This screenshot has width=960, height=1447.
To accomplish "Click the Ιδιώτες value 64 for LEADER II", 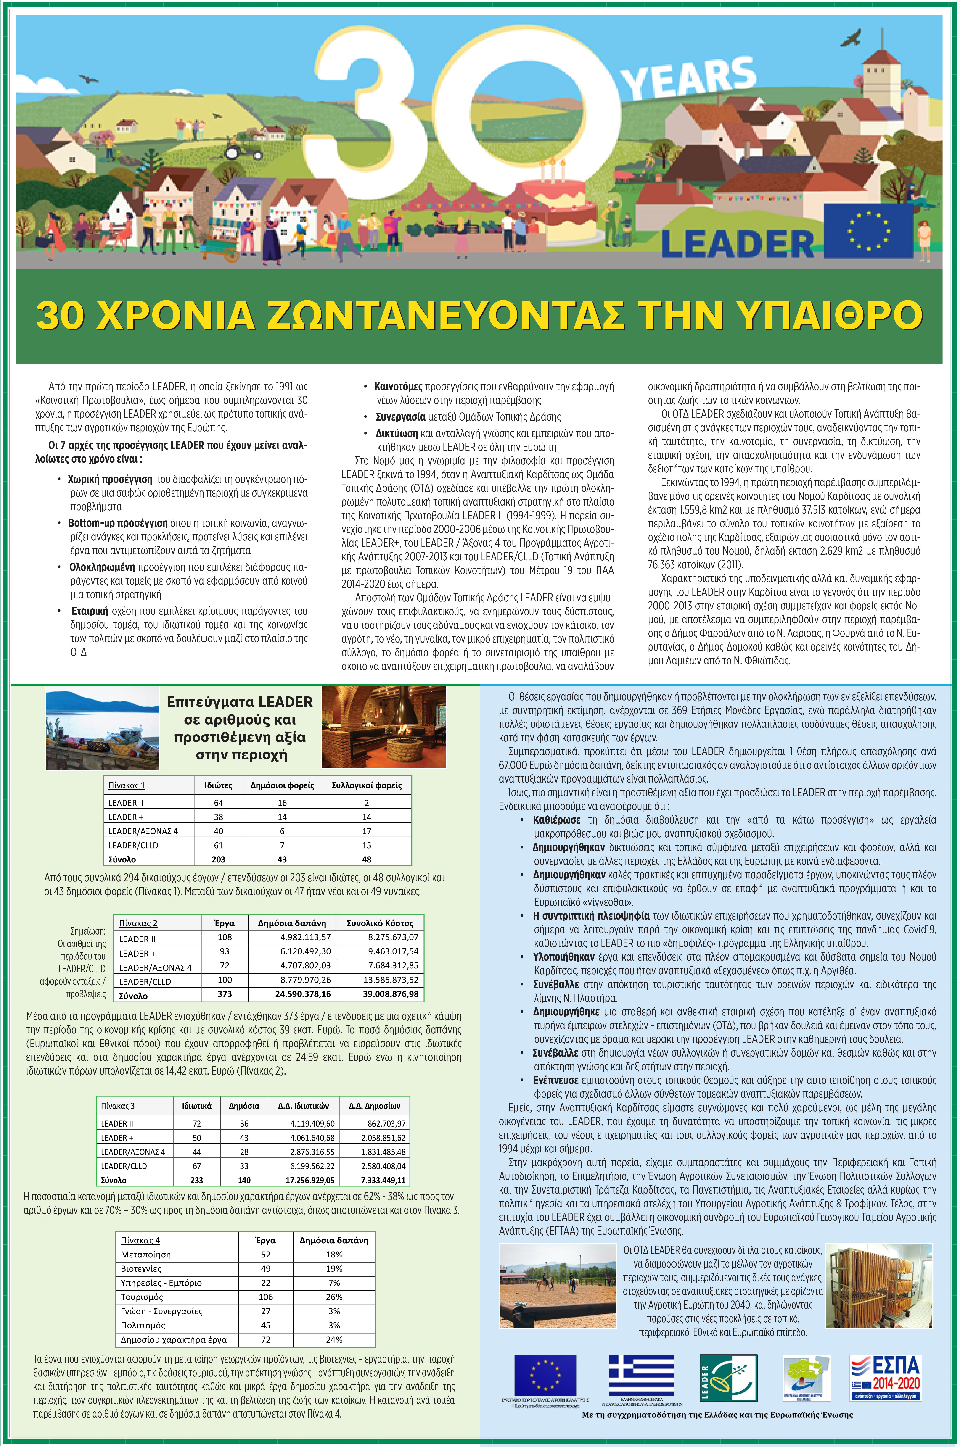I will pyautogui.click(x=219, y=802).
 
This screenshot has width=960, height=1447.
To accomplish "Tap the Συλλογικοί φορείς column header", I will pyautogui.click(x=366, y=785).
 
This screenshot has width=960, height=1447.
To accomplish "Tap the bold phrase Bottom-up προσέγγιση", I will pyautogui.click(x=118, y=523).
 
